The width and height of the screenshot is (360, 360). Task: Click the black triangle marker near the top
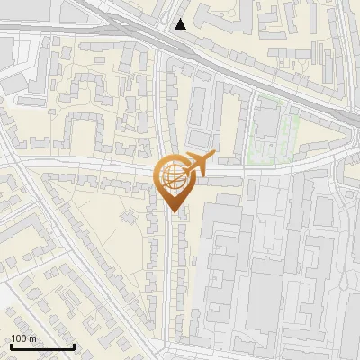(181, 24)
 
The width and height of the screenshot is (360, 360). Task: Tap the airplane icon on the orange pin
(199, 163)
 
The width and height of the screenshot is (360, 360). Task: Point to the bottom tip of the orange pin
(173, 211)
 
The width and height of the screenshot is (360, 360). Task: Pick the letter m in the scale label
(34, 339)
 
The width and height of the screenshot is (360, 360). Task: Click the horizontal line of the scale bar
(41, 346)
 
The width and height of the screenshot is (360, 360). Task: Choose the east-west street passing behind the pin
(90, 165)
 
